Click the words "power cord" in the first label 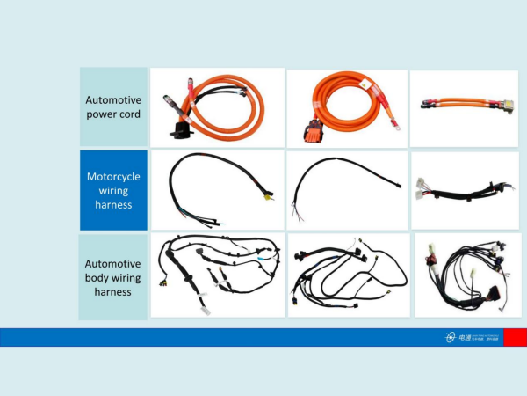tap(112, 114)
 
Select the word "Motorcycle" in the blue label tap(113, 176)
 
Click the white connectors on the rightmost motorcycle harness tap(420, 187)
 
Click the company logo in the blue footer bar tap(451, 337)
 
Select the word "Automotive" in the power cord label tap(112, 99)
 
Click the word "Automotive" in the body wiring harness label tap(112, 263)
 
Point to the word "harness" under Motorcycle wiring tap(113, 204)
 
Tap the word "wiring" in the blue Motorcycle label tap(113, 190)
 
